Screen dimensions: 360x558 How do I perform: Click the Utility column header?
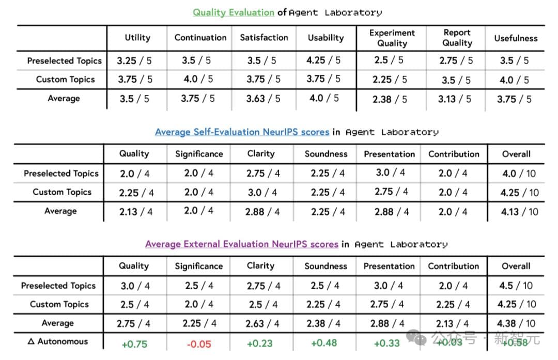click(137, 38)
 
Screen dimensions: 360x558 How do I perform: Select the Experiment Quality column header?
click(392, 38)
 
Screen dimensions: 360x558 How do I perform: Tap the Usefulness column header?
click(516, 38)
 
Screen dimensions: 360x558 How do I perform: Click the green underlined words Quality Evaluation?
click(234, 12)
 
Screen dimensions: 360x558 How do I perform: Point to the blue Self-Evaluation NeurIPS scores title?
click(242, 132)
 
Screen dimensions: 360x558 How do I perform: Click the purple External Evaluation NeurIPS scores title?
click(242, 244)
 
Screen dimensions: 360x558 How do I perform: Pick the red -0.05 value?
click(199, 344)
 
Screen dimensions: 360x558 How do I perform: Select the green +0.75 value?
click(134, 344)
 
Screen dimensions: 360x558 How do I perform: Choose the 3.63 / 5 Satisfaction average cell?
click(263, 99)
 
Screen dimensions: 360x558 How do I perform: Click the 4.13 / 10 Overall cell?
click(520, 211)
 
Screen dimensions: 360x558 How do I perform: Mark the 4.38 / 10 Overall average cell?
click(516, 324)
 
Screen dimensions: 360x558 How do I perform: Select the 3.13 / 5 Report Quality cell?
click(455, 99)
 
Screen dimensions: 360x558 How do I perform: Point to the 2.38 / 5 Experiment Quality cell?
click(390, 99)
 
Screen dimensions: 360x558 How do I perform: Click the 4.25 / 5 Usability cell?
click(323, 60)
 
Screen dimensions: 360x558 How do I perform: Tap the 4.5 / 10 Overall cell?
click(516, 286)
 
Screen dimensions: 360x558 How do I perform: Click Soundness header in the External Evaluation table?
click(326, 266)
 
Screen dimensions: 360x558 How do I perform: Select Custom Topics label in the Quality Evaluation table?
click(65, 80)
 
